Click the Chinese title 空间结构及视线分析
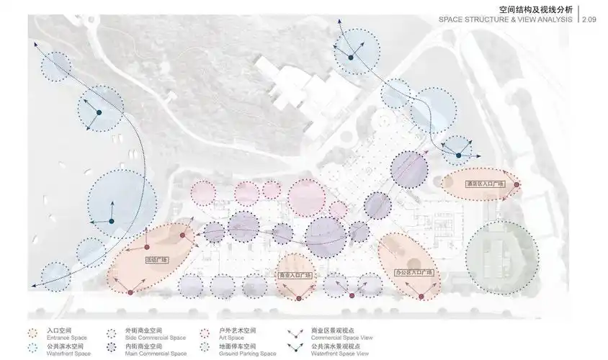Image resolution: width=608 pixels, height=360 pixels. (535, 9)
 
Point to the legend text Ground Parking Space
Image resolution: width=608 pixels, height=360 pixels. (247, 354)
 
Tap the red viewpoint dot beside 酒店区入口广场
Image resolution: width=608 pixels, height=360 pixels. (517, 185)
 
